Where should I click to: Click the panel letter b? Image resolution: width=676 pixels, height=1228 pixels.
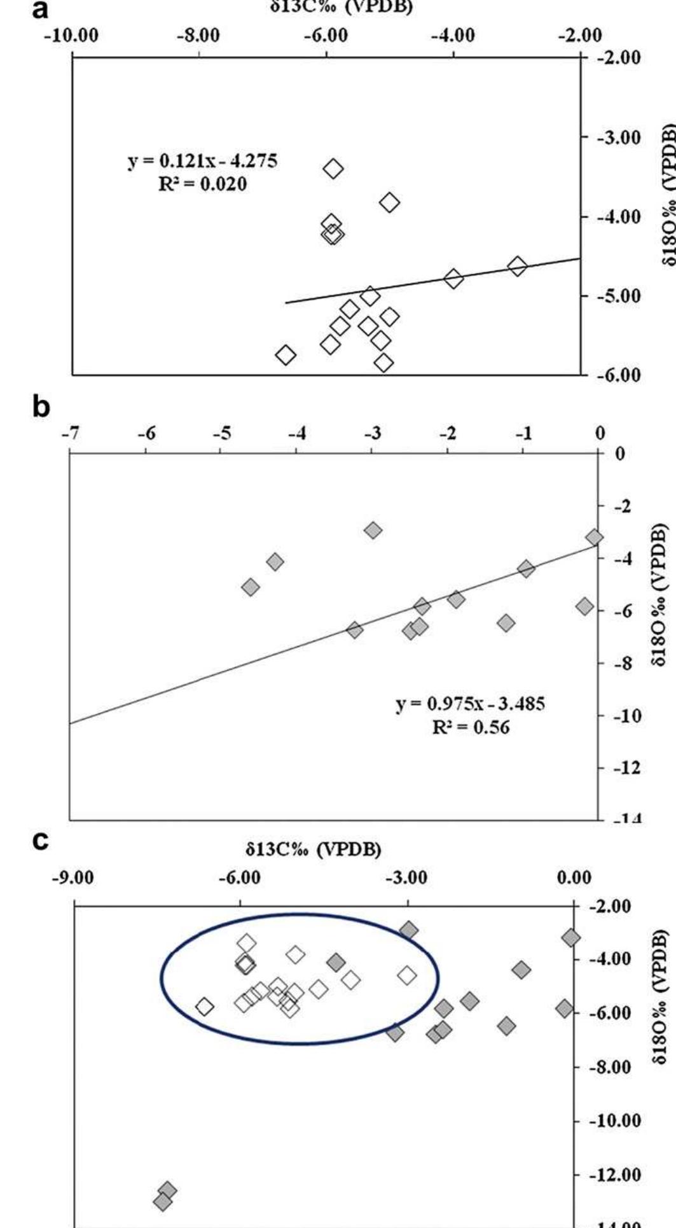[x=41, y=407]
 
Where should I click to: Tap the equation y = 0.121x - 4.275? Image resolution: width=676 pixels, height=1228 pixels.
[x=202, y=161]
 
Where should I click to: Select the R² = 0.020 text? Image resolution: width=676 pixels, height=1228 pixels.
[x=202, y=185]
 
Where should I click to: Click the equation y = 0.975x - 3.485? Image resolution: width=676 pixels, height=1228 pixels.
[x=471, y=704]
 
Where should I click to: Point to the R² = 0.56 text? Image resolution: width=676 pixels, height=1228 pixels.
[x=471, y=727]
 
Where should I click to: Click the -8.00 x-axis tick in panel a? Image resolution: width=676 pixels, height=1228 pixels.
[x=199, y=35]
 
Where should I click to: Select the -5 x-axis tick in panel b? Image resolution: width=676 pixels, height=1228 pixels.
[x=221, y=433]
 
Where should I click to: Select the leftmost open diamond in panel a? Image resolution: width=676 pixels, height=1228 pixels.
[x=286, y=355]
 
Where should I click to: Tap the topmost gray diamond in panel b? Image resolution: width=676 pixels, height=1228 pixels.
[x=373, y=530]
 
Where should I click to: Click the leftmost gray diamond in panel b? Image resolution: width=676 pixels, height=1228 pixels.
[x=251, y=587]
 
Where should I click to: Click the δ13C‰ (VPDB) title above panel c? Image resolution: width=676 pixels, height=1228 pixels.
[x=313, y=850]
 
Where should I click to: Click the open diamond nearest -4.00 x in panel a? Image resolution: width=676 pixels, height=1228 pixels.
[x=453, y=278]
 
